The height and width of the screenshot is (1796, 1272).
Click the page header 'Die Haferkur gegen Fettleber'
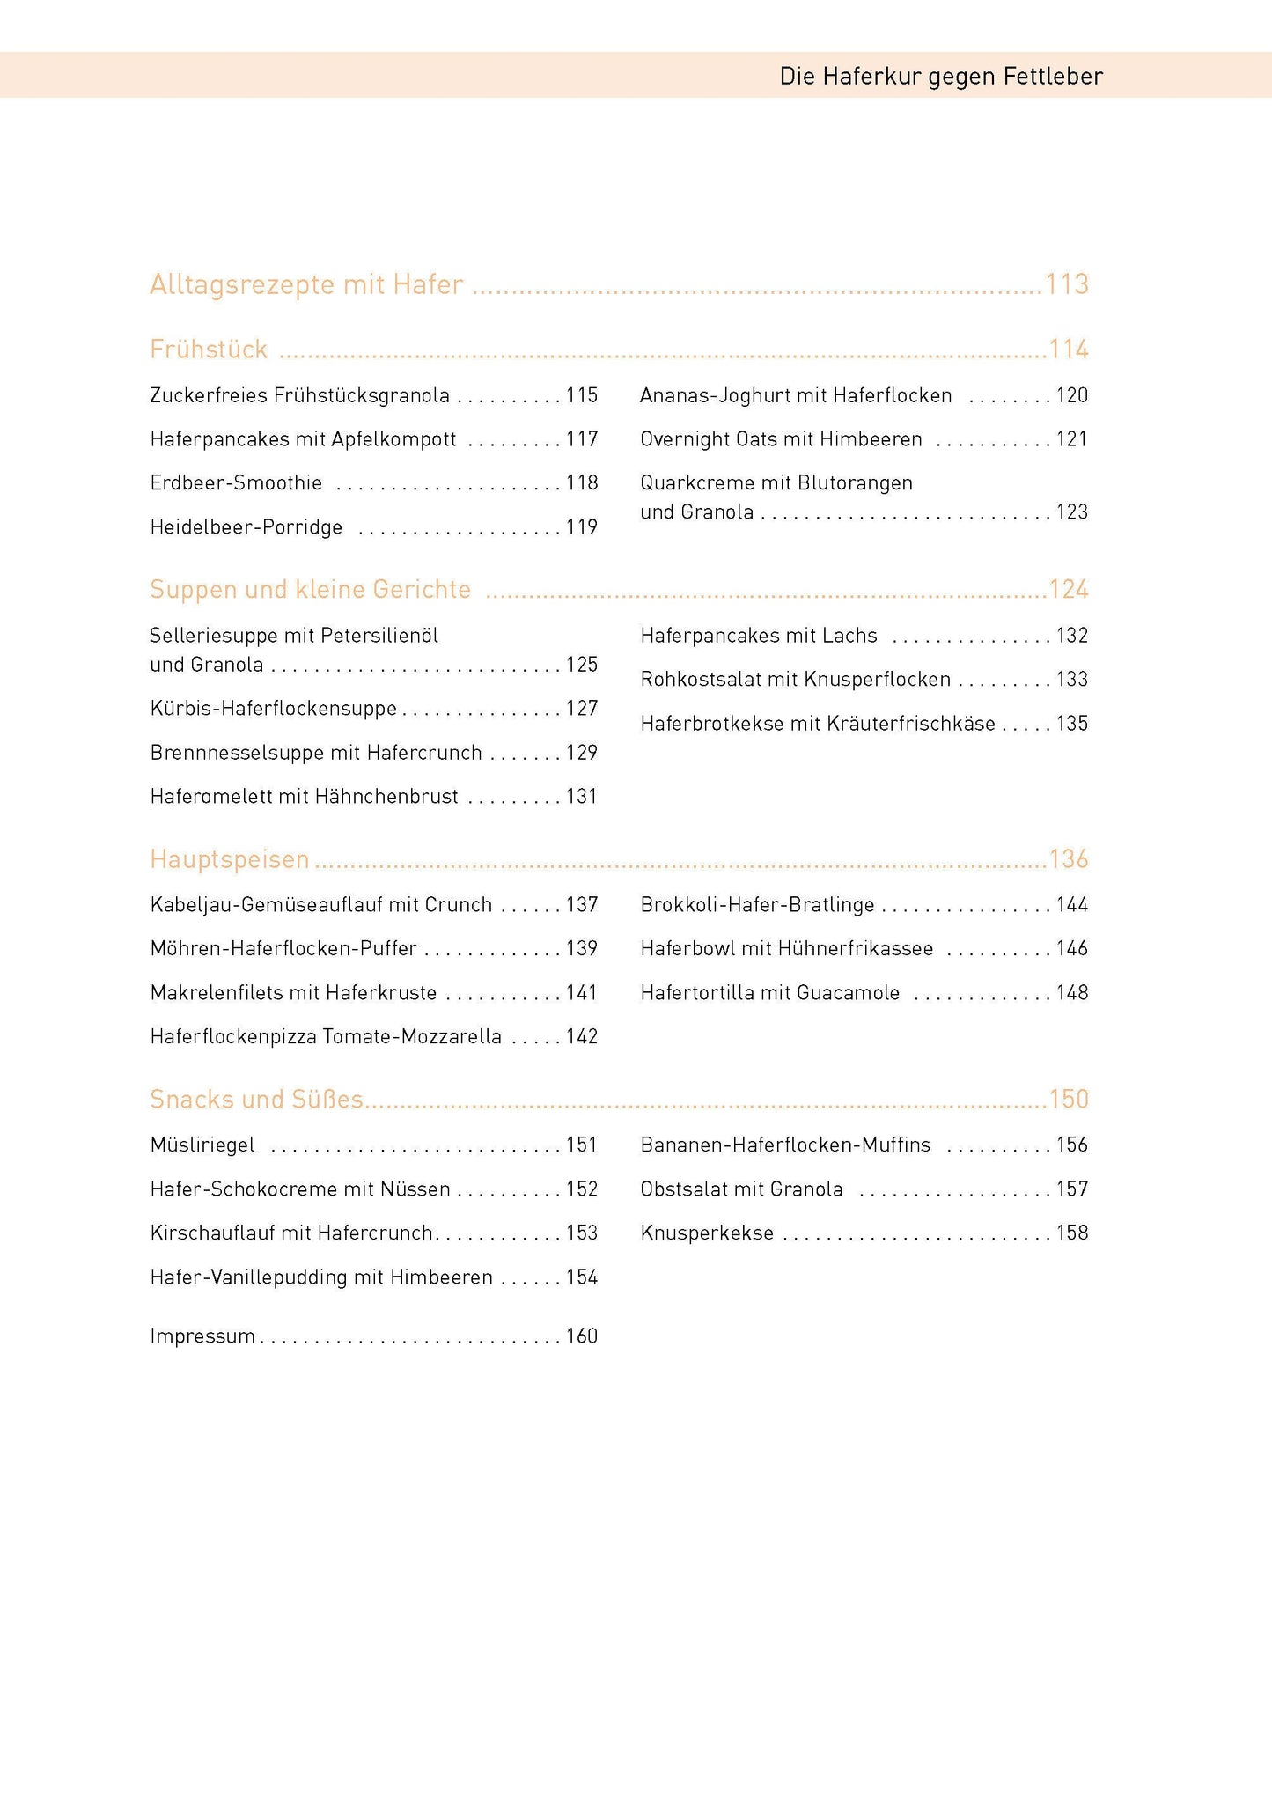(940, 77)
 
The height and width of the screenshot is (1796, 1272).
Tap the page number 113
(1067, 284)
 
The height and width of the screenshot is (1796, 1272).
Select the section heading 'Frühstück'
(209, 350)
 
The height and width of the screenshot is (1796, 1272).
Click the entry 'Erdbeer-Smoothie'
(236, 483)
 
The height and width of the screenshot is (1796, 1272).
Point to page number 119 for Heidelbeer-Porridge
(582, 527)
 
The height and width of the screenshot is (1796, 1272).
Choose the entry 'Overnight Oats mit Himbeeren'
(781, 439)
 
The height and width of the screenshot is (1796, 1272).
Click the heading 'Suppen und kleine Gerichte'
(310, 589)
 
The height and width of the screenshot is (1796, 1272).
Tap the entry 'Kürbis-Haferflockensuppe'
(273, 709)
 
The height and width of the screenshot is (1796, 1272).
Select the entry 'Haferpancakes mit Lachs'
(759, 636)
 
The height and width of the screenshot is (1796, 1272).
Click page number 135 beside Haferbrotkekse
(1072, 724)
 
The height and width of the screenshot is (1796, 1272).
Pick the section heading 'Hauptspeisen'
(230, 858)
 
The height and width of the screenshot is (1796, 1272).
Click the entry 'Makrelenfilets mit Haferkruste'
(293, 993)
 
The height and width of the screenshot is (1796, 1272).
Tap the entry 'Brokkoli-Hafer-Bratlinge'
(757, 905)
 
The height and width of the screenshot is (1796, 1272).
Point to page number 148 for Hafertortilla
(1072, 993)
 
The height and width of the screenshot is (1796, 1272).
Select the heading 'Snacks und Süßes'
(256, 1099)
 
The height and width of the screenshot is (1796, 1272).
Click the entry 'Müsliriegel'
(202, 1145)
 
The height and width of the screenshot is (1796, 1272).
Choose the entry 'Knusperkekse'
(707, 1233)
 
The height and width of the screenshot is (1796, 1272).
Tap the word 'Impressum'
(202, 1336)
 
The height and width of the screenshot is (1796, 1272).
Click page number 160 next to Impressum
(582, 1336)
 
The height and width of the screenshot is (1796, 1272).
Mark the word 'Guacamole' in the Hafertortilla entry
(848, 993)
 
